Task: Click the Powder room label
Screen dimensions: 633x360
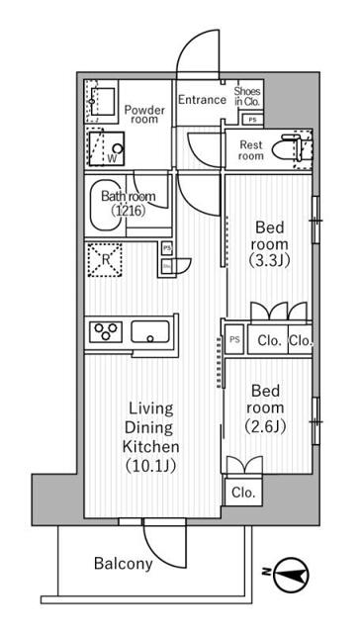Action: [x=144, y=114]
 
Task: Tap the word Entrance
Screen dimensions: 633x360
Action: [x=202, y=99]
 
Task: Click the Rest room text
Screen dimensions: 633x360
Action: [x=252, y=150]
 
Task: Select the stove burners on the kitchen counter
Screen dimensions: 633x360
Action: [x=105, y=330]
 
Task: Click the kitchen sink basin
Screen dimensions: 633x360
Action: [x=151, y=331]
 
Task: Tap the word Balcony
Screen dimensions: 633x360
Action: [x=124, y=565]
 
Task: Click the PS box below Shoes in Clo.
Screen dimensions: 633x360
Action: [x=253, y=120]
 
